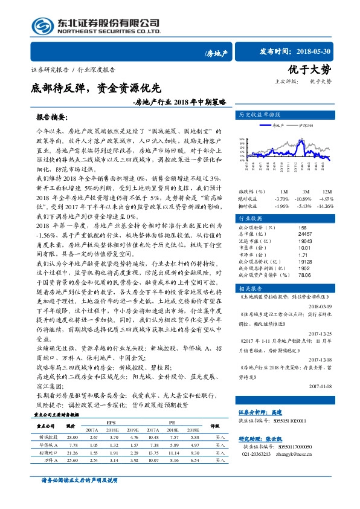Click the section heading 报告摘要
(x=51, y=116)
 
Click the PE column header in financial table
(x=172, y=423)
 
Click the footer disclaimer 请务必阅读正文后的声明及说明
(x=80, y=496)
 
